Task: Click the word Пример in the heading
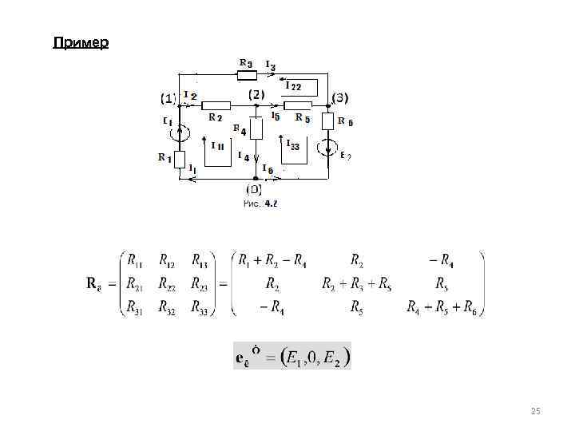tap(81, 42)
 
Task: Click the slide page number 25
tap(535, 411)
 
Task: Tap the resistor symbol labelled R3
tap(248, 76)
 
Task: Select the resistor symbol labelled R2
tap(216, 105)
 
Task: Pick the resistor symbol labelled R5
tap(298, 105)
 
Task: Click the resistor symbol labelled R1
tap(180, 159)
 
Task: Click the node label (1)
tap(168, 98)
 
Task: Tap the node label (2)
tap(256, 94)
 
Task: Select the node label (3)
tap(339, 98)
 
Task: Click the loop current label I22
tap(293, 86)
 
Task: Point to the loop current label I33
tap(293, 146)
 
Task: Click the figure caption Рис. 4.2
tap(260, 204)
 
